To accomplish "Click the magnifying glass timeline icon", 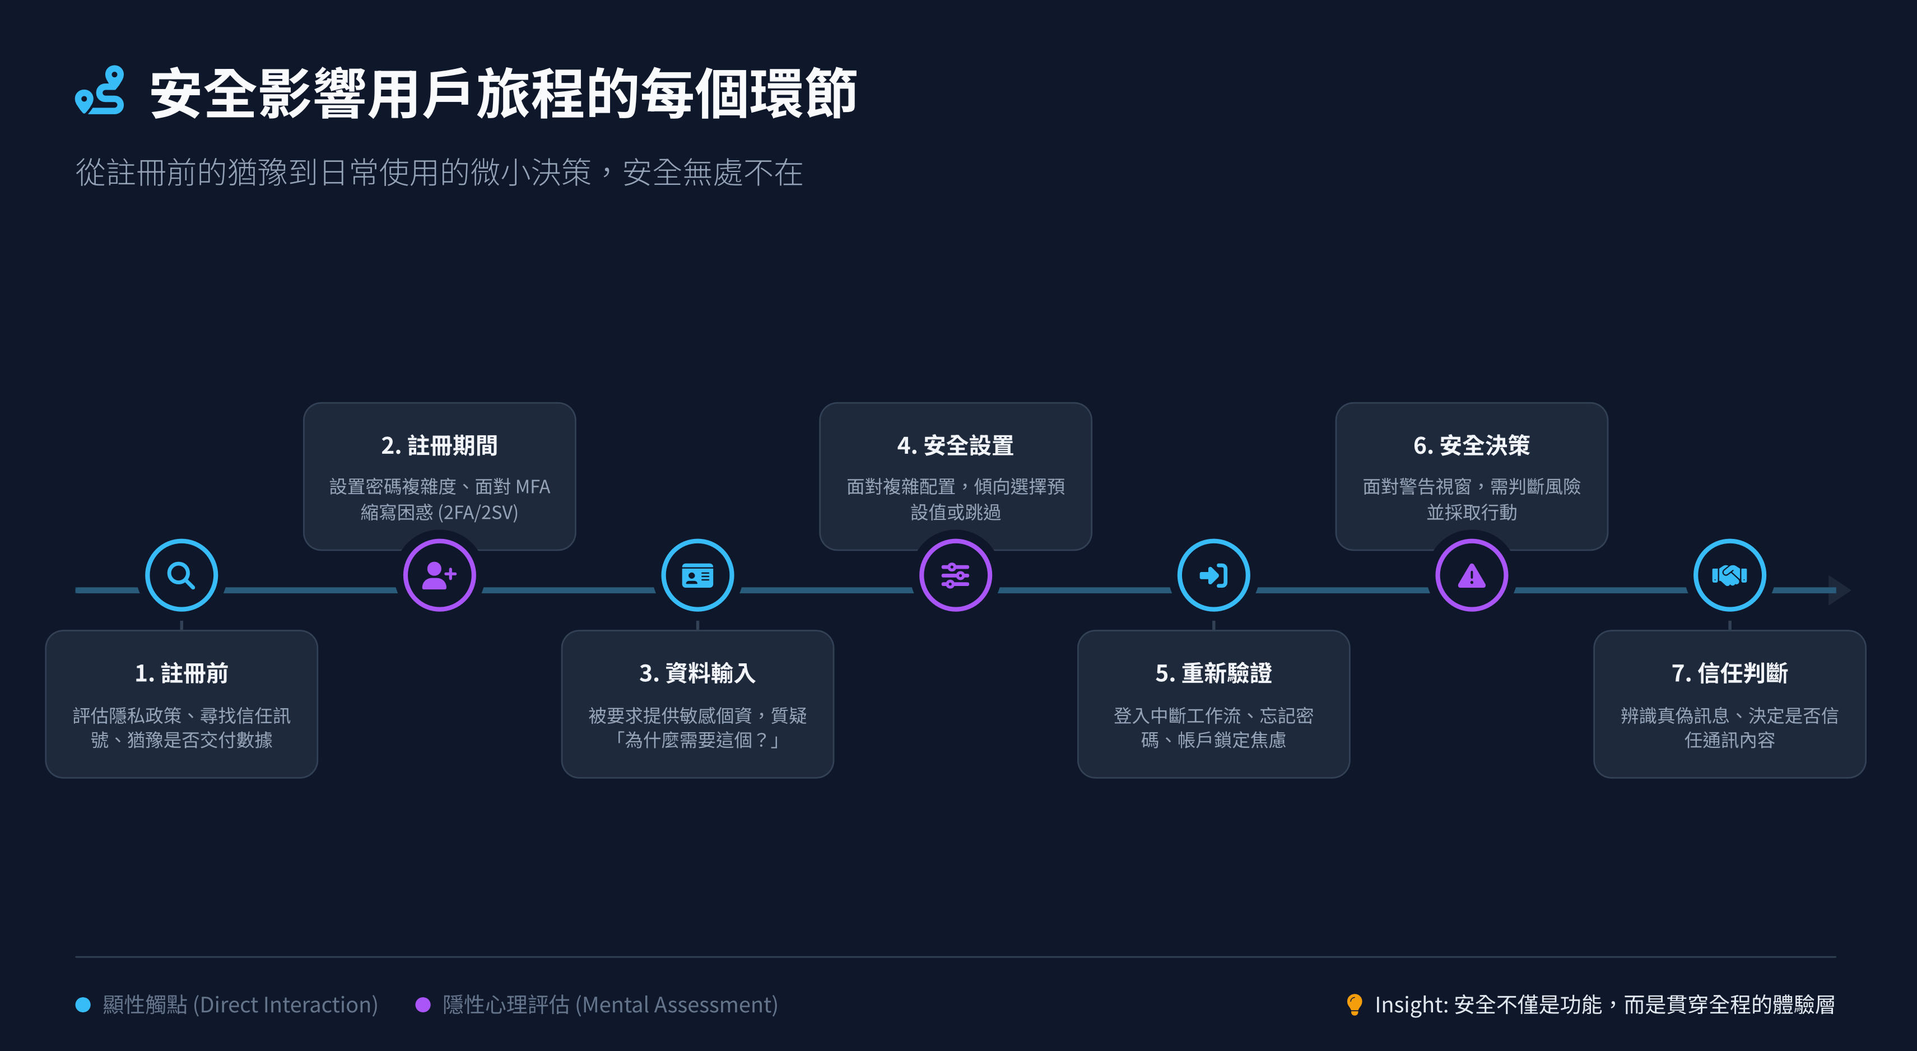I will tap(181, 575).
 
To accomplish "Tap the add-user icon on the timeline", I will tap(439, 575).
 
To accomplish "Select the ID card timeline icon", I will tap(697, 575).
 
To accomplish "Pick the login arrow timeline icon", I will tap(1213, 575).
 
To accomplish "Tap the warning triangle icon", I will tap(1471, 575).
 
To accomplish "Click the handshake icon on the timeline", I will tap(1729, 575).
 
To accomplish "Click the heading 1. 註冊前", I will tap(182, 673).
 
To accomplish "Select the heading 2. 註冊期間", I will tap(439, 445).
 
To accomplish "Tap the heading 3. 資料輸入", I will tap(697, 673).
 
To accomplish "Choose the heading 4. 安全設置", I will tap(956, 445).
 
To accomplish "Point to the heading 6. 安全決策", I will tap(1471, 445).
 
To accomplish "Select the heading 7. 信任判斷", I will tap(1729, 673).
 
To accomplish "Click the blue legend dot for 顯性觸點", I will tap(83, 1005).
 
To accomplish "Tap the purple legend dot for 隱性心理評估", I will tap(423, 1005).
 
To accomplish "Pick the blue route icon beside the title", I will tap(100, 91).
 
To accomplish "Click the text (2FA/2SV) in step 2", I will tap(478, 512).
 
